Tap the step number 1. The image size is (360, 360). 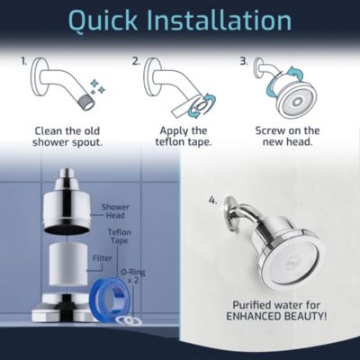[x=26, y=62]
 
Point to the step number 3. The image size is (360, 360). [x=244, y=62]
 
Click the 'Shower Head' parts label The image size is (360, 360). [x=115, y=211]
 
